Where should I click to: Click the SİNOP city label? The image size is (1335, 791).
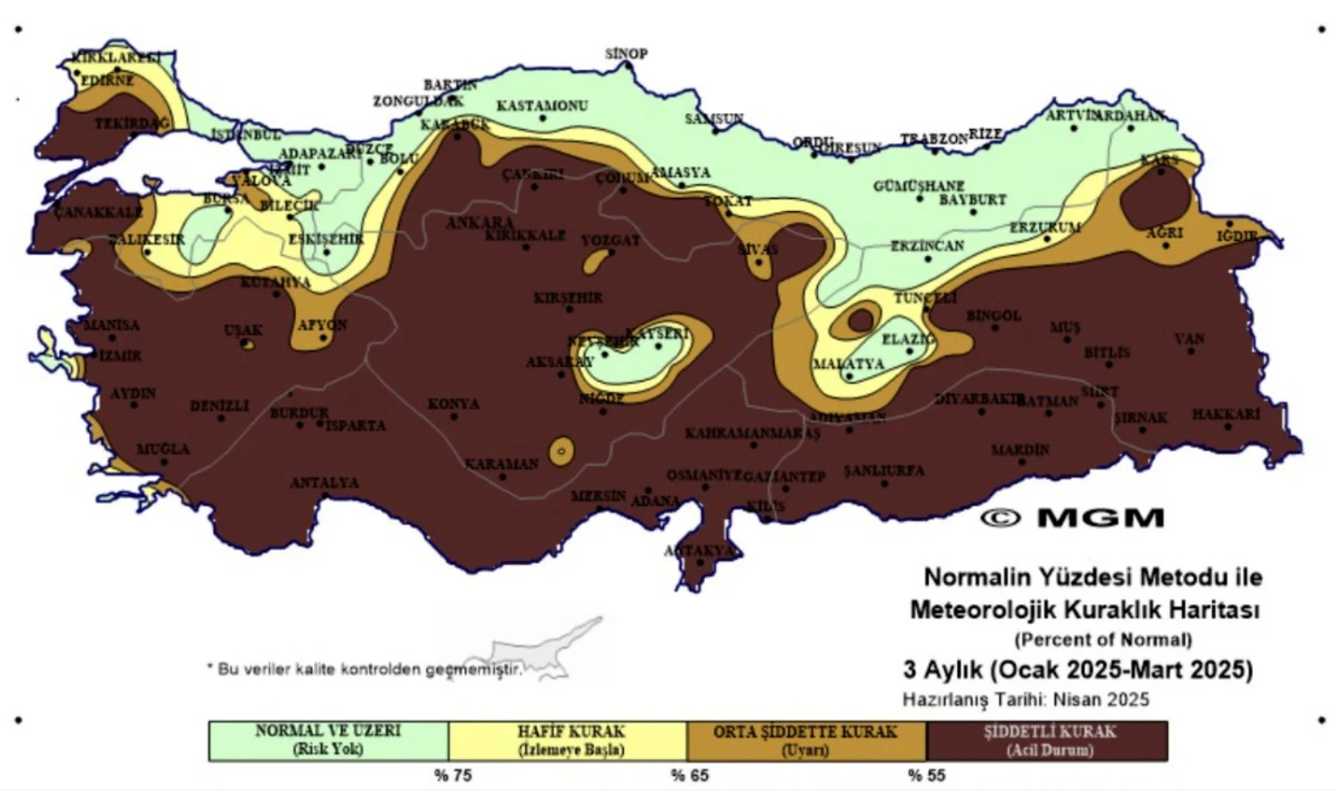[626, 53]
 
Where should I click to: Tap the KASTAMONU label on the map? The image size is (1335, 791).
[542, 106]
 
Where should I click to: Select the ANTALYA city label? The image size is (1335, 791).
[324, 483]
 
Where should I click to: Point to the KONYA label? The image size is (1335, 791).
[454, 404]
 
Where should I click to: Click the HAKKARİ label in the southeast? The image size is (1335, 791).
[1226, 414]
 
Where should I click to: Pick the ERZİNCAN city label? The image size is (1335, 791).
[927, 246]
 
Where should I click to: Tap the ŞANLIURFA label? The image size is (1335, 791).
[884, 470]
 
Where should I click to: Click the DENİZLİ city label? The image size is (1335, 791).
[219, 405]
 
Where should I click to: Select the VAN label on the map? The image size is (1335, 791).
[1190, 338]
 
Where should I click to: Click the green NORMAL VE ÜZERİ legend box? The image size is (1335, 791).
[328, 740]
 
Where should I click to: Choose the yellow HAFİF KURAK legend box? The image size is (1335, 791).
[569, 740]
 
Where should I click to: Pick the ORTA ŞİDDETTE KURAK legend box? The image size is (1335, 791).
[806, 740]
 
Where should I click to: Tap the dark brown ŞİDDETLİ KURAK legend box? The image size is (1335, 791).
[1048, 740]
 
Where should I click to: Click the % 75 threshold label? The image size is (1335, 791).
[453, 775]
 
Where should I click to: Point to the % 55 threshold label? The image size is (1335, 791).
[927, 775]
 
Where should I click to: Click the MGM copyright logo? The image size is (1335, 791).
[1073, 518]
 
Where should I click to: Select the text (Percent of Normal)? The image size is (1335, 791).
[1102, 640]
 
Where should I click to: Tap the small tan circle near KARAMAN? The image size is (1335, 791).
[561, 452]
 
